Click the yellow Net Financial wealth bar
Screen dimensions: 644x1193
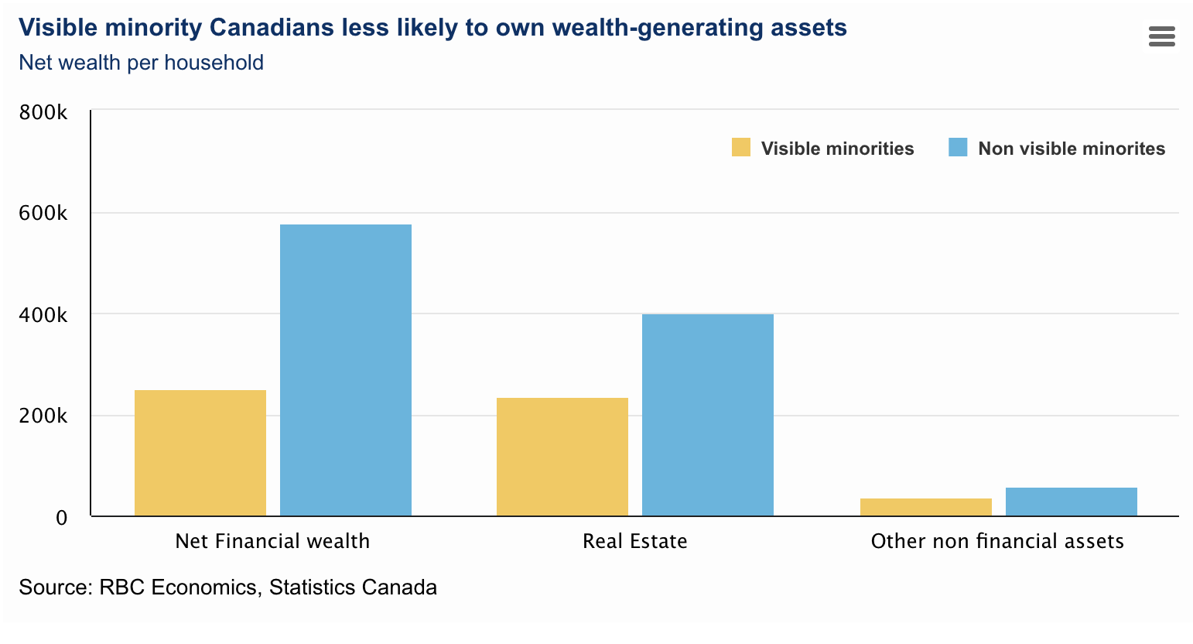click(200, 453)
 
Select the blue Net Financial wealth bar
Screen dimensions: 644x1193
click(346, 370)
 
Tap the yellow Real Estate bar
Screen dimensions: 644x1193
click(562, 457)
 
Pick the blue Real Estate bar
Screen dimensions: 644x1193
click(708, 415)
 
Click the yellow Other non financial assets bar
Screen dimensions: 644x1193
click(926, 507)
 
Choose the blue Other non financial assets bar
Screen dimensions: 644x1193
click(1072, 502)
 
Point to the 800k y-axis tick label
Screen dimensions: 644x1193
click(43, 113)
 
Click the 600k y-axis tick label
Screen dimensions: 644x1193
click(43, 214)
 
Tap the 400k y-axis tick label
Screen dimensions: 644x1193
click(43, 315)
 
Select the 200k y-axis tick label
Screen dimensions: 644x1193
click(43, 416)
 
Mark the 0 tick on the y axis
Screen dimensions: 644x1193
click(62, 518)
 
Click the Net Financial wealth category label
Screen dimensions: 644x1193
click(272, 541)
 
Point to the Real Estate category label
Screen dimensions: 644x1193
click(635, 541)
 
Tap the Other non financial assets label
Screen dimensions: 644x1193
click(997, 541)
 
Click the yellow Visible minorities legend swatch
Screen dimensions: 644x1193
click(741, 147)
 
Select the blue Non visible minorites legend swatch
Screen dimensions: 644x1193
click(958, 147)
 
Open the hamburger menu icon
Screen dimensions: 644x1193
click(1162, 36)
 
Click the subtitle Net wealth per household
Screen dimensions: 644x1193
click(141, 63)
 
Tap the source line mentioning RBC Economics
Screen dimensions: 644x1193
click(227, 587)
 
